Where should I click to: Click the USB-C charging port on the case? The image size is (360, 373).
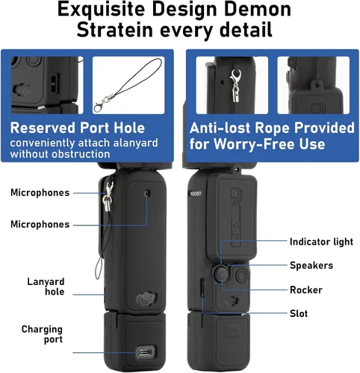coord(146,352)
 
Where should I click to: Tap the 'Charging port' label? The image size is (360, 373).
coord(42,334)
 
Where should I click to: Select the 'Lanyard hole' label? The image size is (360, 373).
coord(46,286)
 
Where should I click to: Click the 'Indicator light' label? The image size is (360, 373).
coord(321,242)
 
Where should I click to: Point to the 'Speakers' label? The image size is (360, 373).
coord(311,266)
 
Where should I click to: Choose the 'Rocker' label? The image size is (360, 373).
coord(306,289)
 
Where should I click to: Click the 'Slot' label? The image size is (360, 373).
coord(299,313)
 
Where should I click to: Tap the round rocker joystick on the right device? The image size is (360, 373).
coord(221,274)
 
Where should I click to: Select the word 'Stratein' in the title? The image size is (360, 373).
coord(115,30)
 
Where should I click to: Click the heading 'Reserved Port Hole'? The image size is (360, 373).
coord(78,128)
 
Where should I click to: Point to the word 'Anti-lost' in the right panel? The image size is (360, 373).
coord(220,128)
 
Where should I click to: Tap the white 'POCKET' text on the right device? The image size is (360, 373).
coord(196,193)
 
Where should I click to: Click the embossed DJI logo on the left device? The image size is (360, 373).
coord(146,298)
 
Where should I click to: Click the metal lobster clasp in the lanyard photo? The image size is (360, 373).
coord(102,104)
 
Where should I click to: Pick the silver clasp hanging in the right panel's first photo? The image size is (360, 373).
coord(235,86)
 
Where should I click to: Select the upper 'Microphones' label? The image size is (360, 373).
coord(40,192)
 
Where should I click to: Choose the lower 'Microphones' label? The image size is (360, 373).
coord(40,225)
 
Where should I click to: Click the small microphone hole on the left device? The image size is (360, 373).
coord(146,193)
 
